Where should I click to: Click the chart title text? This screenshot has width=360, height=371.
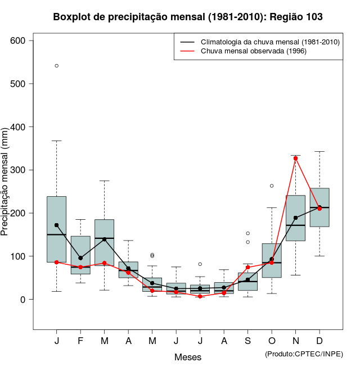[188, 17]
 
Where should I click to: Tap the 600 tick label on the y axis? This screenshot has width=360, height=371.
[19, 40]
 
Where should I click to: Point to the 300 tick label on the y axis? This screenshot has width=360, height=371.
[19, 170]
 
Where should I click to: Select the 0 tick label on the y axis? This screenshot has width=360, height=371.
[24, 299]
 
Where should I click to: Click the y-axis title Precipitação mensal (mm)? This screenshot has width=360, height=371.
[5, 188]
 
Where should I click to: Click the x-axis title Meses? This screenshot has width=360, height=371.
[188, 357]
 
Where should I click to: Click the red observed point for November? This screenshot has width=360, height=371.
[295, 158]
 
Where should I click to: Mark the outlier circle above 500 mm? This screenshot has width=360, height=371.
[57, 66]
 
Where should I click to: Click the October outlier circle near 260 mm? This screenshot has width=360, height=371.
[272, 185]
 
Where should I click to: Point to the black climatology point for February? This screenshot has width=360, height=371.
[80, 258]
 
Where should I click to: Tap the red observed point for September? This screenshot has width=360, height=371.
[247, 268]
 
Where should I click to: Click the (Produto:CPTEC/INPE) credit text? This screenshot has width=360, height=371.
[304, 354]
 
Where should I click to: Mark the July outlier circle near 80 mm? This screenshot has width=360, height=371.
[200, 264]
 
